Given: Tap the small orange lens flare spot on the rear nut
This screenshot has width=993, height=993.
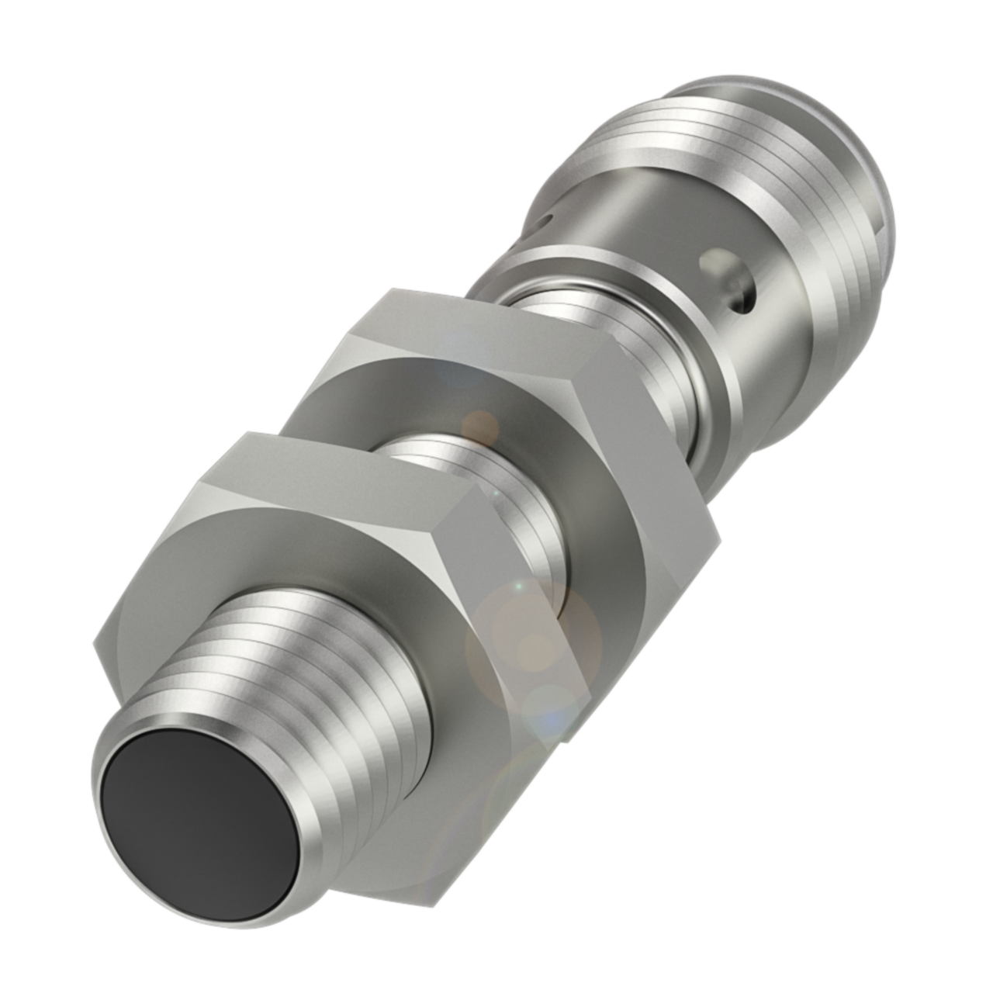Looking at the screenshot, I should point(480,424).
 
